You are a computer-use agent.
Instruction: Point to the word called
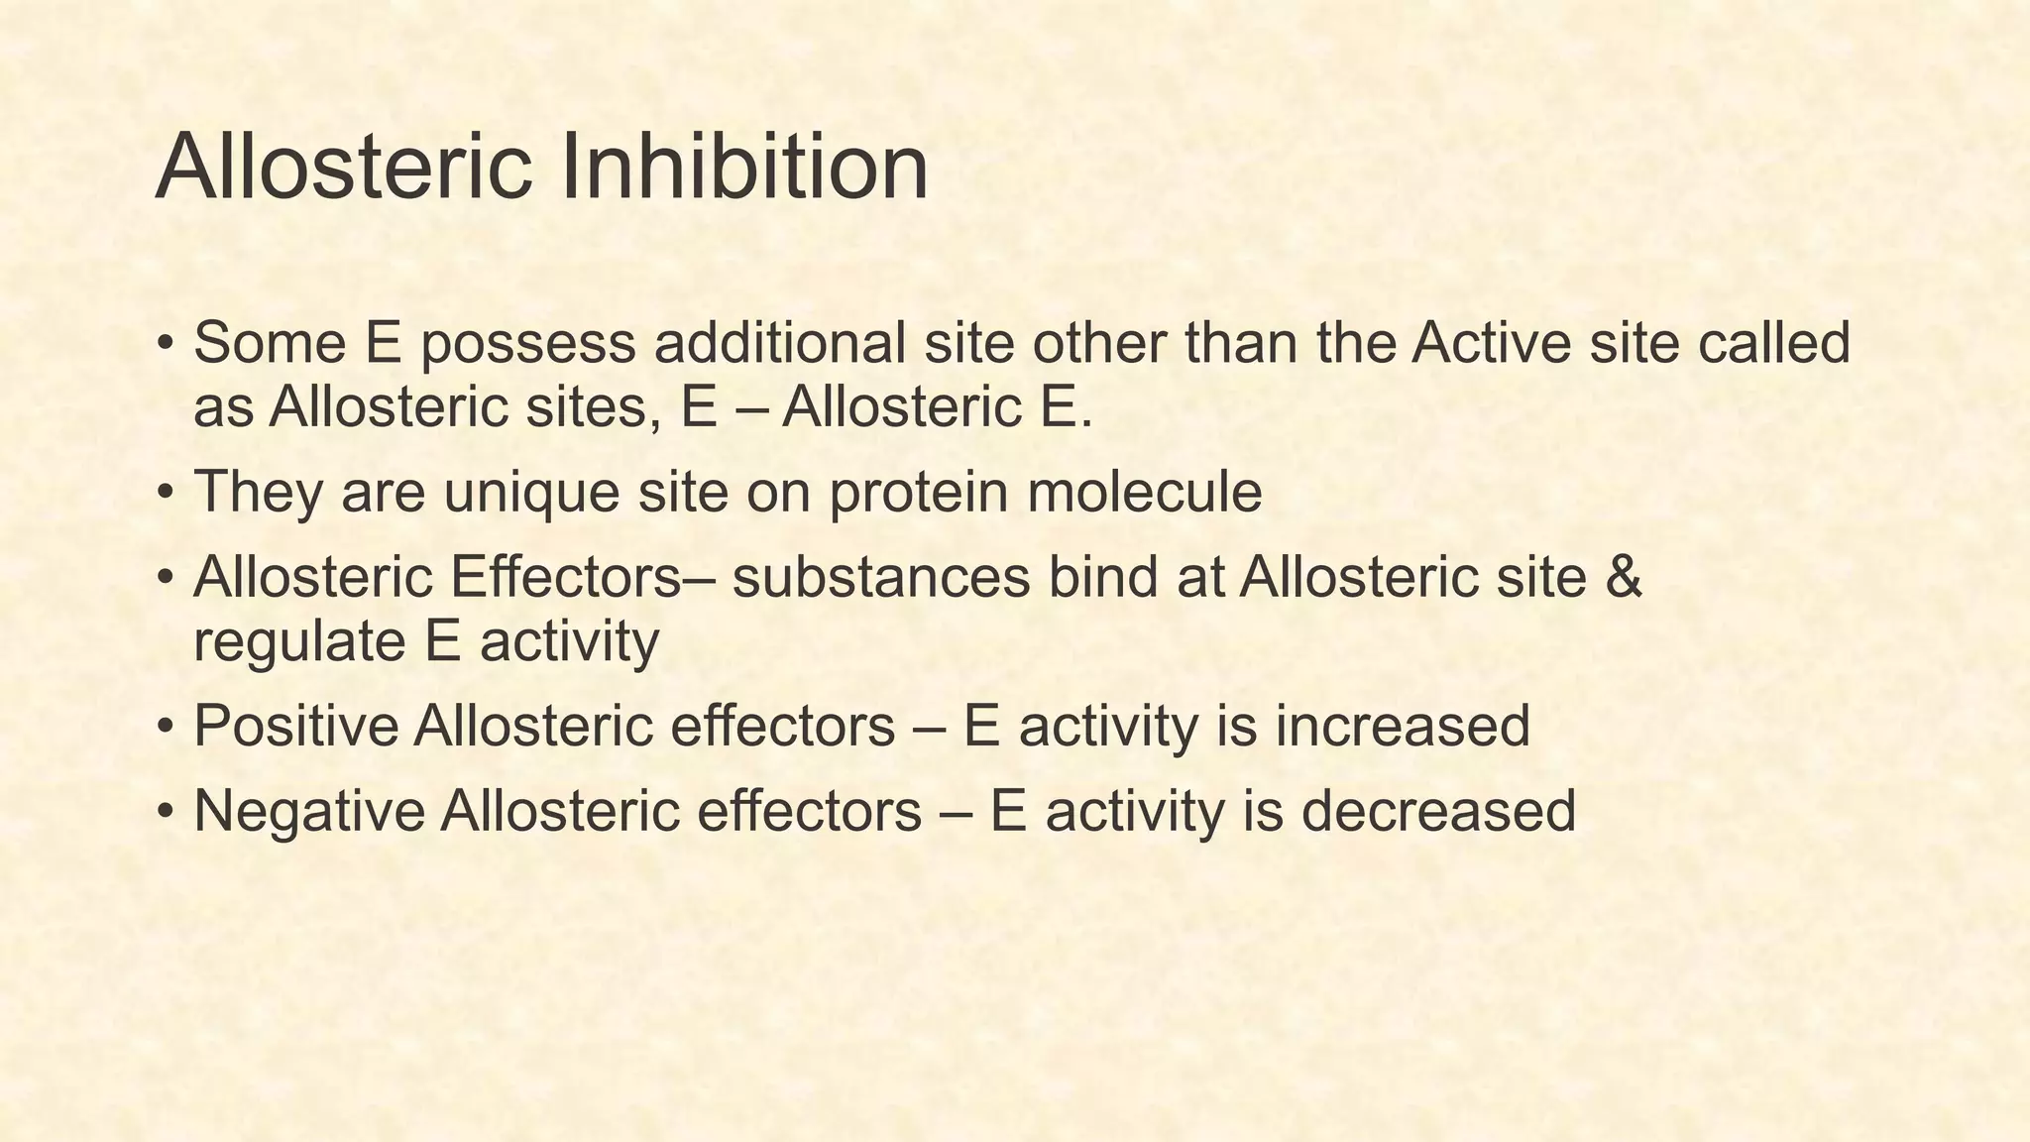click(x=1773, y=343)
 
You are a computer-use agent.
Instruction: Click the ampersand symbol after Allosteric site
click(x=1623, y=577)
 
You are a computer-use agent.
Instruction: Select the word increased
click(x=1402, y=726)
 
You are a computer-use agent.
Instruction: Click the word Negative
click(x=308, y=811)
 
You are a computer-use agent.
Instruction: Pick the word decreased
click(x=1437, y=811)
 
